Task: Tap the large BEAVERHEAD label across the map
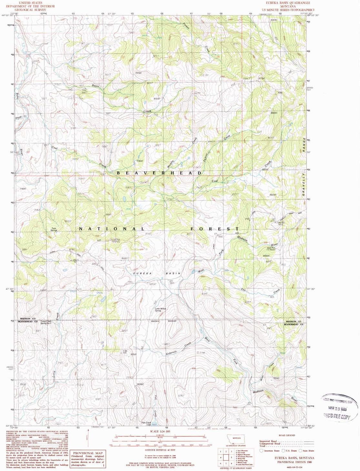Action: pyautogui.click(x=159, y=173)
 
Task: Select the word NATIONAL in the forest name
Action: pyautogui.click(x=112, y=229)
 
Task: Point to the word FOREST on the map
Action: pyautogui.click(x=214, y=229)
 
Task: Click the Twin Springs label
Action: pyautogui.click(x=54, y=229)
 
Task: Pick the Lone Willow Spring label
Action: pyautogui.click(x=160, y=309)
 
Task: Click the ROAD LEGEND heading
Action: pyautogui.click(x=287, y=436)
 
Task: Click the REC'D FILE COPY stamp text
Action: pyautogui.click(x=337, y=416)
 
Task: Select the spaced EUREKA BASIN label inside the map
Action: pyautogui.click(x=156, y=273)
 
